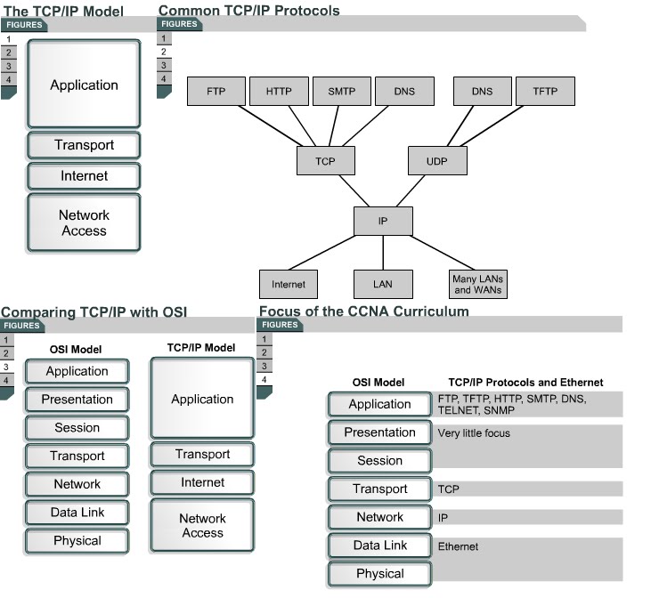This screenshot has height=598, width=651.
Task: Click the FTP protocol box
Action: (x=216, y=92)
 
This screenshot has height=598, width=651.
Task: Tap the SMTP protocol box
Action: (x=341, y=92)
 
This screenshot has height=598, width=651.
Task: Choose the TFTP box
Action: (x=545, y=92)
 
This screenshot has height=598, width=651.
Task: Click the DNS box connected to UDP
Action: (x=482, y=92)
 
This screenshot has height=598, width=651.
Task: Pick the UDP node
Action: (x=436, y=161)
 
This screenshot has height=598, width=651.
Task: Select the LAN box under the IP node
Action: (x=383, y=284)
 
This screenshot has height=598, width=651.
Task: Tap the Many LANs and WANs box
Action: (x=478, y=284)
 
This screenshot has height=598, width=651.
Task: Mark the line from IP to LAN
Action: (x=383, y=253)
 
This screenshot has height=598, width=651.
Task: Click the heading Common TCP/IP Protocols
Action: (x=248, y=11)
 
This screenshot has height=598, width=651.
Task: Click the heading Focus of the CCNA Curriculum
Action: (x=363, y=311)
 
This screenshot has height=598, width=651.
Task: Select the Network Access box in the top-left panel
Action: (x=84, y=222)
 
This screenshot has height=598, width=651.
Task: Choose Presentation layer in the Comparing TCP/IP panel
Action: (x=77, y=400)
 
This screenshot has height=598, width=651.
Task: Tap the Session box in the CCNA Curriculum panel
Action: (x=379, y=461)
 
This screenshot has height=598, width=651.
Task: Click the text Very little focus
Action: (x=474, y=434)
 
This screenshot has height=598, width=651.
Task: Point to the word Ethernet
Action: (x=458, y=546)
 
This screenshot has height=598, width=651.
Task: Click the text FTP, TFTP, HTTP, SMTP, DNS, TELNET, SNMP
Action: (x=512, y=406)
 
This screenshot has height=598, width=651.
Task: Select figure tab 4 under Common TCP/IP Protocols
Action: (x=163, y=78)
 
